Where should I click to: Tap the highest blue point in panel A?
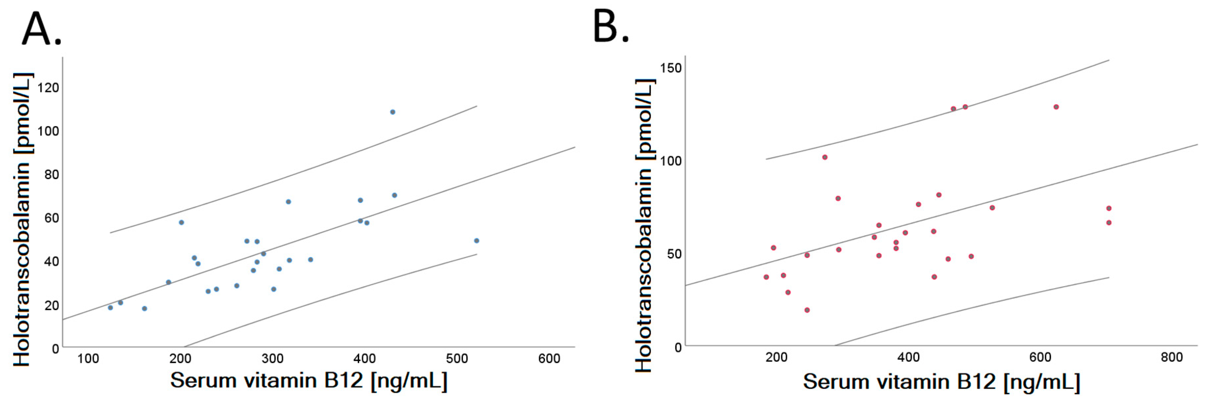click(393, 112)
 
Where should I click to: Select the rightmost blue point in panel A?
click(476, 241)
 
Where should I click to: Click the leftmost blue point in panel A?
click(110, 307)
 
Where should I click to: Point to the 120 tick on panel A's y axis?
click(48, 88)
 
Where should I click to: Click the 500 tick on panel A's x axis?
click(457, 359)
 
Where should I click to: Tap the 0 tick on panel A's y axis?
click(56, 349)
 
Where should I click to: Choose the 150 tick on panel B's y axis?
click(670, 68)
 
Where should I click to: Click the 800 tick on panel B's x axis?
click(1172, 357)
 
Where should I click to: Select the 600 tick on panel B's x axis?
click(1040, 357)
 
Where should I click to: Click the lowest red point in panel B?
click(807, 310)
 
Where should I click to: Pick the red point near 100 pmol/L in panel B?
click(825, 157)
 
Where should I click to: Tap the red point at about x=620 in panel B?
click(1056, 107)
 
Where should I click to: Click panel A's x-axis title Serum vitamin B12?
click(308, 380)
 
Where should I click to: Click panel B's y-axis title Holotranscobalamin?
click(645, 226)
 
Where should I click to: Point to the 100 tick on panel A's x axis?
click(88, 359)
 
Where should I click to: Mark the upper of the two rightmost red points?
click(1108, 208)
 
